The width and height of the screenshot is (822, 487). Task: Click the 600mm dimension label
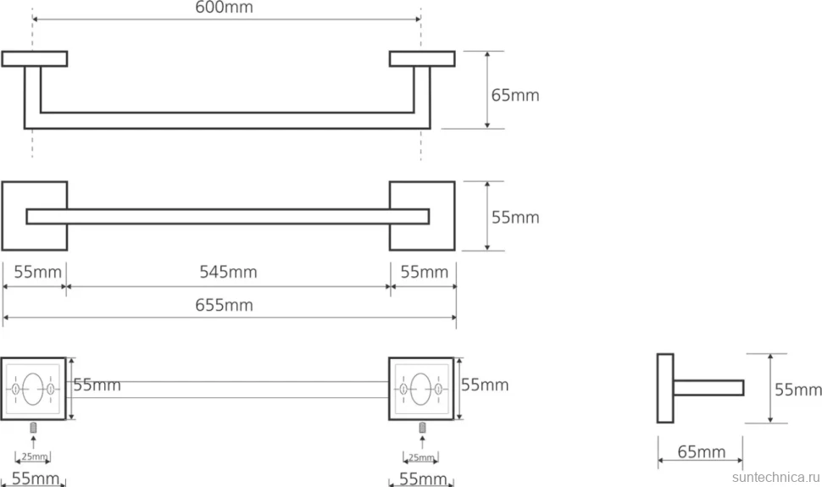(224, 8)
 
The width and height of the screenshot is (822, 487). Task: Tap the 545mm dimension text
(228, 272)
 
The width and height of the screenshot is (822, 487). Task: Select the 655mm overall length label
(224, 305)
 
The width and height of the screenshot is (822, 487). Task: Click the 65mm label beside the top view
(514, 96)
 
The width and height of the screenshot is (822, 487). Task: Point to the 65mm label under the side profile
(702, 452)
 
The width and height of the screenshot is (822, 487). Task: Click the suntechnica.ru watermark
(776, 478)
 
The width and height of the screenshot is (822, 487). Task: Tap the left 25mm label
(35, 457)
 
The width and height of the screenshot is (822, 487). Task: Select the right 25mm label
(421, 457)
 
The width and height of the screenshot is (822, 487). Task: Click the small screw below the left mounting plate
(34, 428)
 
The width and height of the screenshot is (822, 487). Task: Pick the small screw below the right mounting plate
(422, 428)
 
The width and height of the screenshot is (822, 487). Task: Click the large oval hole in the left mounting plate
(33, 389)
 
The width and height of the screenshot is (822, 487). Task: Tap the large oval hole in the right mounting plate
(421, 389)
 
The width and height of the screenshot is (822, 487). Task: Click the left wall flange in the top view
(35, 58)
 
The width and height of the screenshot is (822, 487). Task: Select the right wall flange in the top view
(422, 58)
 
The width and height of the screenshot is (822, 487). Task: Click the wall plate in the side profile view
(665, 388)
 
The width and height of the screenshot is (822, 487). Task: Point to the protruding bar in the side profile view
(708, 388)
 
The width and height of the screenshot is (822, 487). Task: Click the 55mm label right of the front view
(514, 218)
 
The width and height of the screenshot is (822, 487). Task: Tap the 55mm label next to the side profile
(798, 390)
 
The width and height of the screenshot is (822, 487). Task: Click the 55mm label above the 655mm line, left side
(38, 272)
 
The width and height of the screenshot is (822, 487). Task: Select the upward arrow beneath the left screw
(34, 442)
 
